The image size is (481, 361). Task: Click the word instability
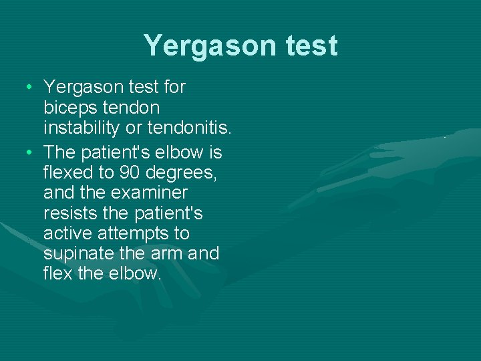tap(80, 126)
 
